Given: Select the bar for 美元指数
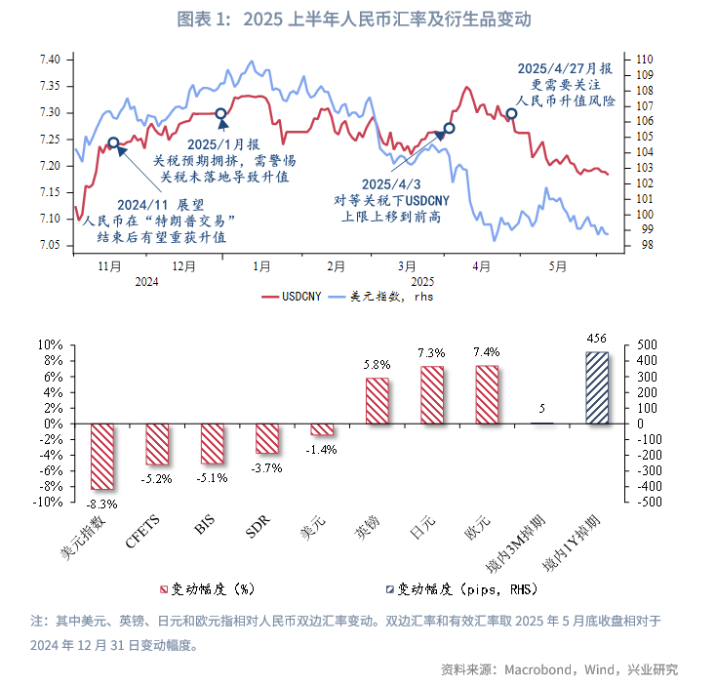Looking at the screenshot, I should [x=102, y=457].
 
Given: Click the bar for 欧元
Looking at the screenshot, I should [x=487, y=394].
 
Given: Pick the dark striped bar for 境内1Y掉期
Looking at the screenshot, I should [x=597, y=387].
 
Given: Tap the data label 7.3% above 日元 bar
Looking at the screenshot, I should [x=432, y=352].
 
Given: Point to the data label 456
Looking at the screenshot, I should [x=597, y=338].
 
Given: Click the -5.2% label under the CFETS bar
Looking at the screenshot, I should [x=157, y=479].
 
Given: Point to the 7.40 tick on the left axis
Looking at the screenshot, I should [x=50, y=60].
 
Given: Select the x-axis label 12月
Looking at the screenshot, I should [x=184, y=265].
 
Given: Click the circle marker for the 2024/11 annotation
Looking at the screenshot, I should [x=114, y=143].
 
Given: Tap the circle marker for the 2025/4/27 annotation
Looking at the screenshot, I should [x=511, y=113].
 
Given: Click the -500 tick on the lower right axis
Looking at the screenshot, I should [x=648, y=503].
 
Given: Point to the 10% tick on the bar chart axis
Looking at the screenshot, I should [x=50, y=345].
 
